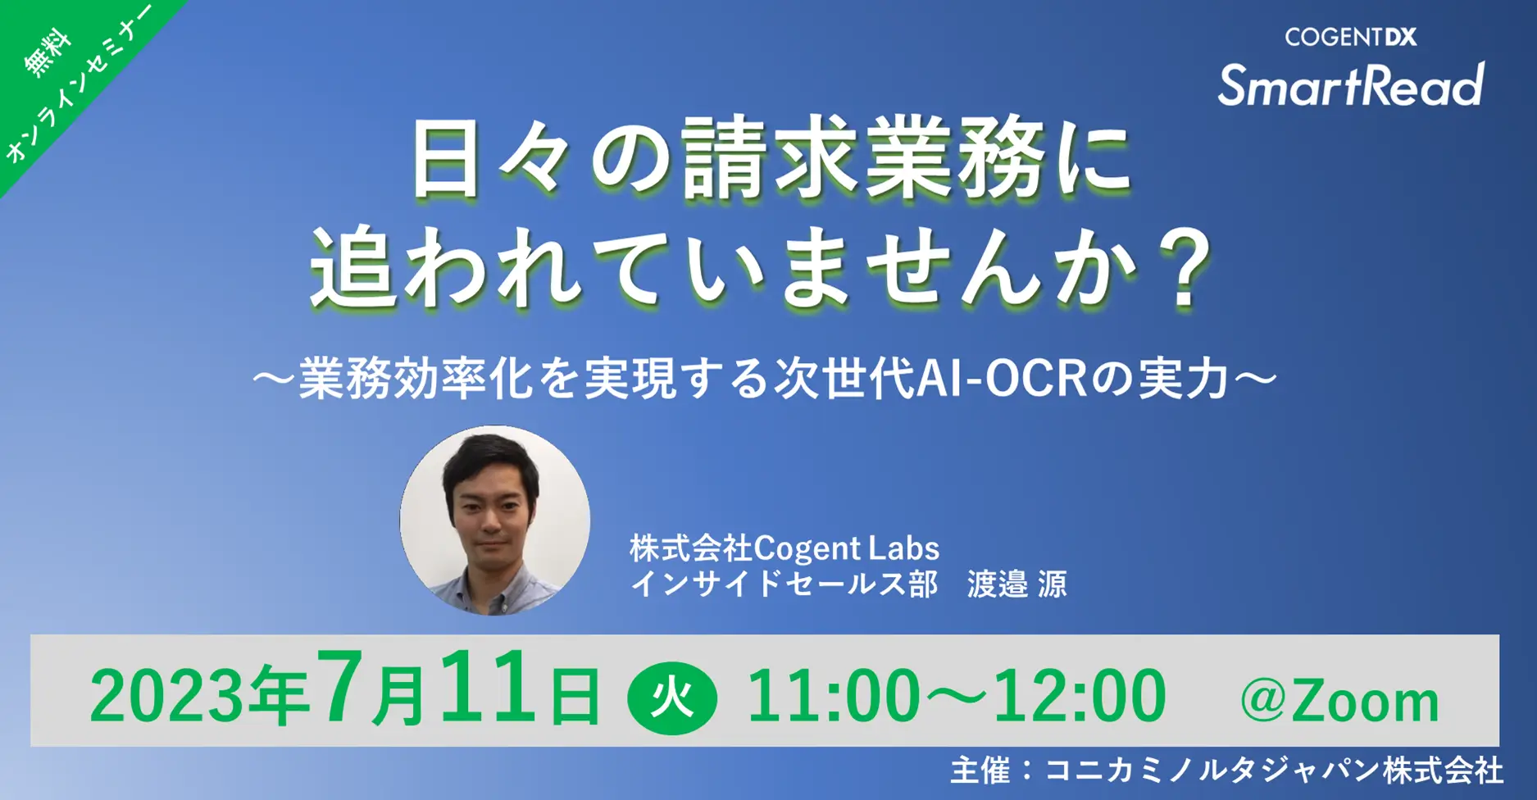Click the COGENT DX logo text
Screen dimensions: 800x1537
pyautogui.click(x=1350, y=37)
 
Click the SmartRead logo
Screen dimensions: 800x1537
pyautogui.click(x=1350, y=85)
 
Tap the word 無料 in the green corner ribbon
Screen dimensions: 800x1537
pyautogui.click(x=48, y=53)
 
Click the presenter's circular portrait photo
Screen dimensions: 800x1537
pyautogui.click(x=494, y=520)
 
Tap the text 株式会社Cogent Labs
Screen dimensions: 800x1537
pyautogui.click(x=784, y=548)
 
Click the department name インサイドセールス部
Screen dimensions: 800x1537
pyautogui.click(x=784, y=584)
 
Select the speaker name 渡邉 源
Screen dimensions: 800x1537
pyautogui.click(x=1016, y=584)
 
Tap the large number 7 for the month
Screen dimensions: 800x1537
pyautogui.click(x=341, y=687)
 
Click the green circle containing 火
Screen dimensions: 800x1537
pyautogui.click(x=672, y=698)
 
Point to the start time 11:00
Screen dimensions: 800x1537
pyautogui.click(x=833, y=695)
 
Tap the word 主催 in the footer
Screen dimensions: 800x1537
pyautogui.click(x=980, y=770)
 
